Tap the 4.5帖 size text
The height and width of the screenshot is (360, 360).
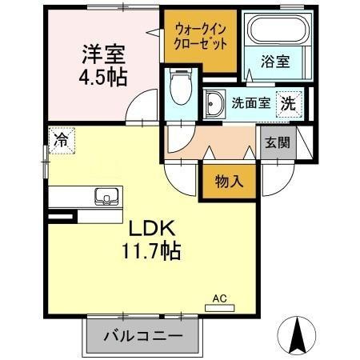click(x=103, y=78)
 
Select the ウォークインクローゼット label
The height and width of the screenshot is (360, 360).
click(x=199, y=36)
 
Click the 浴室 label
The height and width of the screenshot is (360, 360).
click(x=274, y=62)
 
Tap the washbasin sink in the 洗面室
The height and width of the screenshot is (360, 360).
click(x=214, y=103)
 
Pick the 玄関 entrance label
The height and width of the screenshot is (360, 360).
click(x=278, y=144)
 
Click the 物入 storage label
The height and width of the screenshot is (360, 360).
click(x=229, y=182)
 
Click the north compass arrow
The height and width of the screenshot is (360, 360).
click(x=299, y=333)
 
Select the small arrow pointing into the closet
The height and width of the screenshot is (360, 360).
click(x=152, y=33)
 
